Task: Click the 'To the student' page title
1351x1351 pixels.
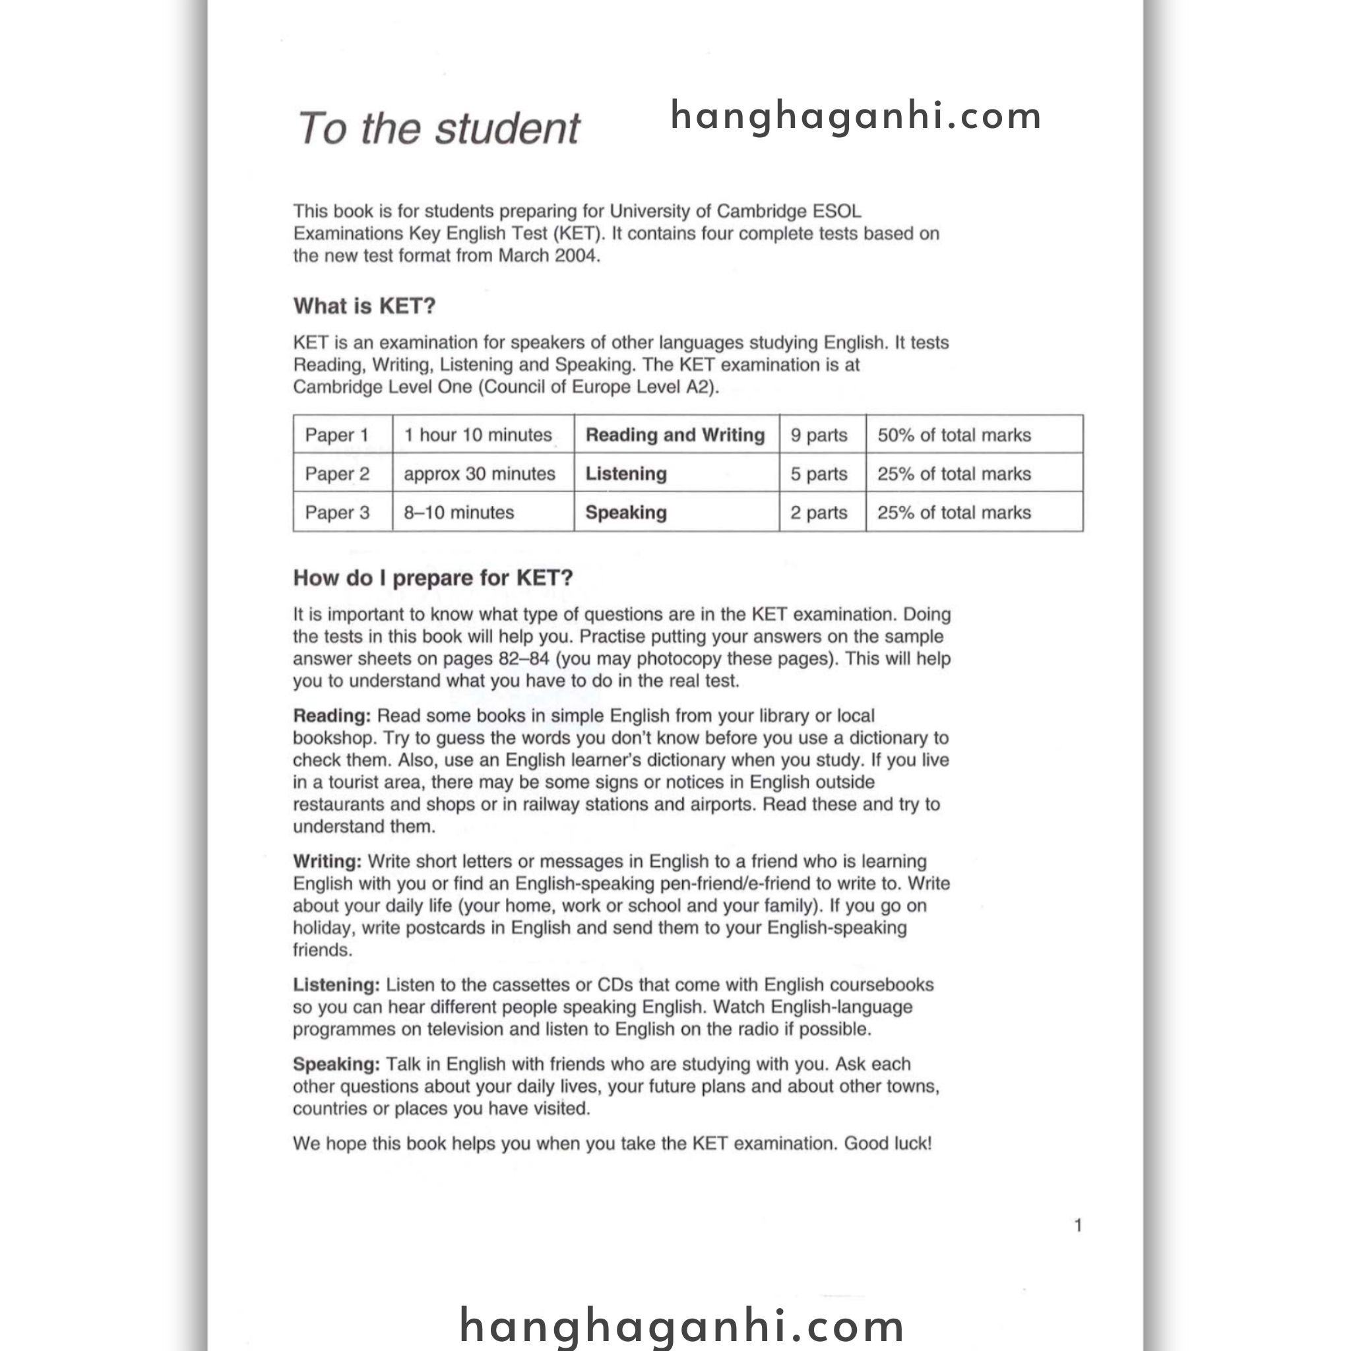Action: [439, 129]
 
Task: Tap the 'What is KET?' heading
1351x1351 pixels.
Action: [364, 305]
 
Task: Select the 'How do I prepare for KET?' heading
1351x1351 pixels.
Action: [433, 578]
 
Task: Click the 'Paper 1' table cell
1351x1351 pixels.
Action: [336, 435]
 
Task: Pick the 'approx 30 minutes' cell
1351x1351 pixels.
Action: [479, 474]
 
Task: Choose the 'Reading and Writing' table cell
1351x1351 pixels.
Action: [675, 435]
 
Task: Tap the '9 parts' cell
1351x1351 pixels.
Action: [819, 435]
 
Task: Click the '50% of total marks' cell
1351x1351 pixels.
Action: [954, 435]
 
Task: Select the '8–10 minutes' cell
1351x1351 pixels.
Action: [458, 513]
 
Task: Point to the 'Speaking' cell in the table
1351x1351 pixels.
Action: [626, 513]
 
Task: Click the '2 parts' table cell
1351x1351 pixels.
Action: [819, 513]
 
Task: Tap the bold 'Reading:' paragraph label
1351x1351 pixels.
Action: [331, 716]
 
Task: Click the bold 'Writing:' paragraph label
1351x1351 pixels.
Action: [327, 862]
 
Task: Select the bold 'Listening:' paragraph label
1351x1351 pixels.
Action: [336, 986]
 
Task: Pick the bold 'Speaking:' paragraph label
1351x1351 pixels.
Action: [336, 1064]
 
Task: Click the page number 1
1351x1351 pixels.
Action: [1079, 1225]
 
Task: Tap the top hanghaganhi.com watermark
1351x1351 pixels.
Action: [856, 116]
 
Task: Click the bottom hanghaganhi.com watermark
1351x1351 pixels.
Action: [682, 1325]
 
